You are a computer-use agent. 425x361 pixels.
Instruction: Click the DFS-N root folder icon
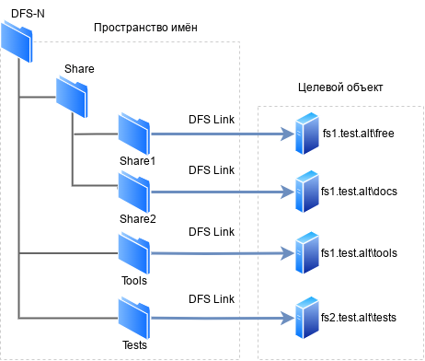(x=17, y=42)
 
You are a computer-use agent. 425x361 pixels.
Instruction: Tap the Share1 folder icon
(x=134, y=134)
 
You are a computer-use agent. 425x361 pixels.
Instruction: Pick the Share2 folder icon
(x=135, y=192)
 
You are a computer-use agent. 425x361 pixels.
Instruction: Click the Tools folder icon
(x=134, y=252)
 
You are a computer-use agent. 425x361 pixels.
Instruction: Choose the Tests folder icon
(x=134, y=316)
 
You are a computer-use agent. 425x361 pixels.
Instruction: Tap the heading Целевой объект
(x=340, y=87)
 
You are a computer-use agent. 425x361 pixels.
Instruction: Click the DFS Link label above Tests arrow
(x=212, y=300)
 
